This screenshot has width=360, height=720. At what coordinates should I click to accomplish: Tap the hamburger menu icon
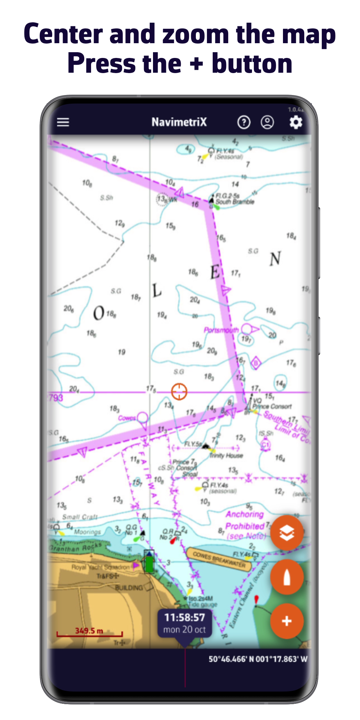click(x=63, y=122)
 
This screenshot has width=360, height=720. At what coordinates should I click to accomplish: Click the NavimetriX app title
click(x=179, y=122)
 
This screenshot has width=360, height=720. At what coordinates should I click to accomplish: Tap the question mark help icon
click(x=244, y=122)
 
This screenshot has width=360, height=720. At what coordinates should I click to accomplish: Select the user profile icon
click(x=267, y=122)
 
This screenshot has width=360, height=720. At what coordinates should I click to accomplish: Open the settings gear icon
click(x=296, y=122)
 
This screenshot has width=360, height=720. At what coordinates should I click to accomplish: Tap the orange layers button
click(x=287, y=533)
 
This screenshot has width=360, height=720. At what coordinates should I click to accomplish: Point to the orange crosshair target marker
click(x=179, y=392)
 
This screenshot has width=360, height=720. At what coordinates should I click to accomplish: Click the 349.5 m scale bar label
click(x=89, y=631)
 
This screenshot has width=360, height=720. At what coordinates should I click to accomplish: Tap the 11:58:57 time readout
click(x=184, y=618)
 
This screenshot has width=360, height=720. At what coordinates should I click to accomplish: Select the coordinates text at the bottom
click(x=258, y=659)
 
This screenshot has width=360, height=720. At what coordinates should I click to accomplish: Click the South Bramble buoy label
click(x=235, y=202)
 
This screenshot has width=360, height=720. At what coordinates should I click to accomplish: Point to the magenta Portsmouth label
click(x=221, y=330)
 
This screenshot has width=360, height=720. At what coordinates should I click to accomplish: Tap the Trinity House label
click(x=226, y=456)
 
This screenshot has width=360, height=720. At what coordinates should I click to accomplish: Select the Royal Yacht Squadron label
click(x=100, y=567)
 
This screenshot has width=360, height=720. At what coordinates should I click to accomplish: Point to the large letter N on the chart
click(x=275, y=258)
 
